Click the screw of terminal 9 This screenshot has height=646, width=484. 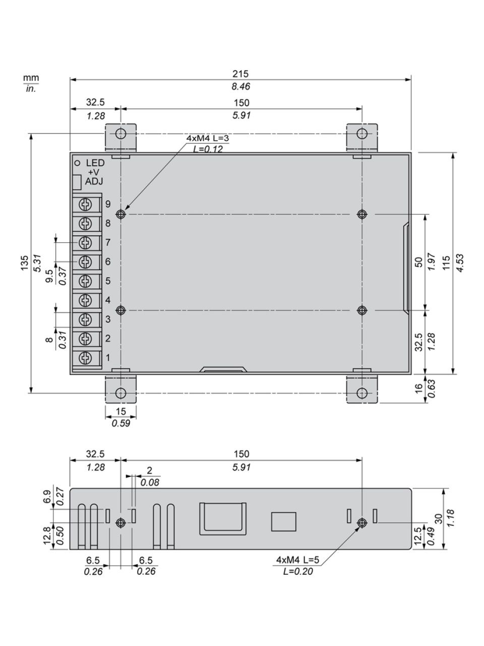coord(85,204)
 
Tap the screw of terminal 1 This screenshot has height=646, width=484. coord(85,358)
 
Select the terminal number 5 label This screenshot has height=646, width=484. coord(108,281)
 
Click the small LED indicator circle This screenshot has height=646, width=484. coord(78,163)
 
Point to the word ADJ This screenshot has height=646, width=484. coord(94,182)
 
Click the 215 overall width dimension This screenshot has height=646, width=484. coord(240,74)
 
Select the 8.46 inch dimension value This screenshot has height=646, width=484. coord(240,86)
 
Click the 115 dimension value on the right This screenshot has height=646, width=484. coord(446,263)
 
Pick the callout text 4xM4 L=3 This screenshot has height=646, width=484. coord(208,138)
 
